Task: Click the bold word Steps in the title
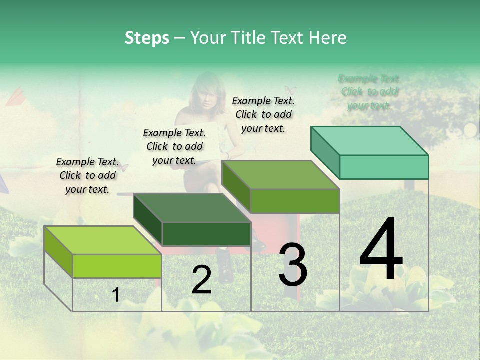tap(147, 38)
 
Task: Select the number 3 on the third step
tap(293, 265)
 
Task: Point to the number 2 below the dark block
tap(201, 280)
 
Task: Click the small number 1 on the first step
tap(116, 295)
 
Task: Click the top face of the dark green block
tap(192, 208)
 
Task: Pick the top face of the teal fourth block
tap(370, 141)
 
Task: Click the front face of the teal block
tap(384, 167)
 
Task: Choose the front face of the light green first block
tap(117, 266)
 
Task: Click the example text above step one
tap(87, 176)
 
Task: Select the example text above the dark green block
tap(174, 146)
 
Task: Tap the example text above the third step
tap(263, 114)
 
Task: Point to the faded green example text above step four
tap(369, 92)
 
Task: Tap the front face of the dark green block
tap(206, 234)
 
